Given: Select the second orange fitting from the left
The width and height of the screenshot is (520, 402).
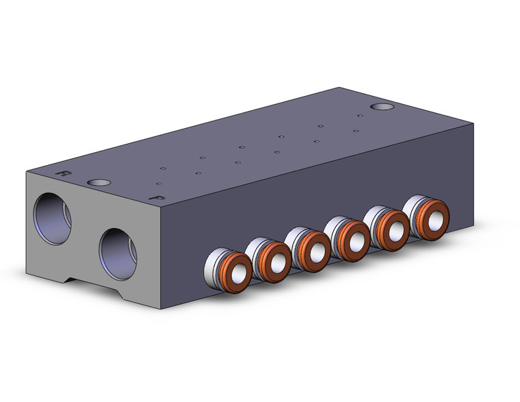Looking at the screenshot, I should (x=276, y=262).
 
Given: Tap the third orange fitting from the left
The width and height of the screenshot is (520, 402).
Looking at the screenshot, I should (x=315, y=251).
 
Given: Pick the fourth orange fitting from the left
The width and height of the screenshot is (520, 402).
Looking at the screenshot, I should (x=354, y=240).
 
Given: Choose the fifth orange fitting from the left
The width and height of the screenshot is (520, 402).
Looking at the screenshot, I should (x=393, y=229).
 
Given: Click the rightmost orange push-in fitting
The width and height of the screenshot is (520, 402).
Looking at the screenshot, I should (x=432, y=219).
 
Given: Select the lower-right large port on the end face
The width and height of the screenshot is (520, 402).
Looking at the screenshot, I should (x=118, y=253).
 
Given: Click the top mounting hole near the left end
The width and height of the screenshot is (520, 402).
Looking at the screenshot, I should (x=99, y=183).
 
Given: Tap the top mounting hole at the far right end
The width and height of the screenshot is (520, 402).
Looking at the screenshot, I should (x=382, y=107).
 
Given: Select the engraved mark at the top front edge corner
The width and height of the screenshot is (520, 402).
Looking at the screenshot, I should (x=159, y=198).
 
